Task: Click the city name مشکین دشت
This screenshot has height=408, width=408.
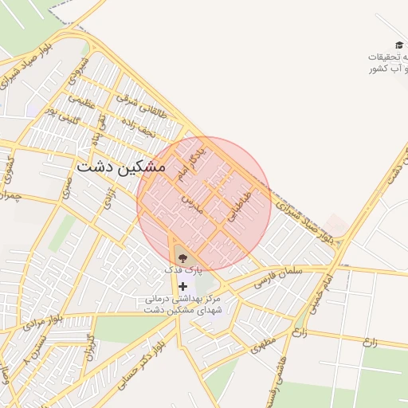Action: tap(121, 168)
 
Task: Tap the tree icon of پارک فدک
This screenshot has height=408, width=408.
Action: tap(183, 257)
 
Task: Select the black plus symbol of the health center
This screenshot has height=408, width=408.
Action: tap(183, 285)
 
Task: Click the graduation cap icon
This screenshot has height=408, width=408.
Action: tap(398, 45)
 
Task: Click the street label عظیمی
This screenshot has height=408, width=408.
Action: tap(81, 102)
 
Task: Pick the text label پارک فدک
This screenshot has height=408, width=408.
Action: tap(179, 271)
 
